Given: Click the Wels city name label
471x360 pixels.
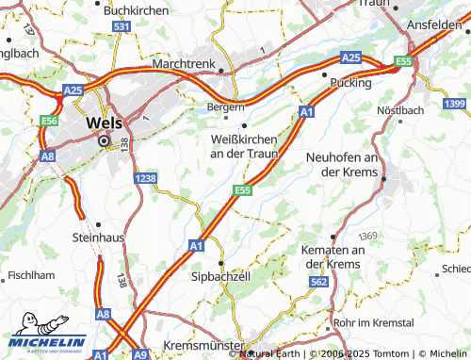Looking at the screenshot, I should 103,123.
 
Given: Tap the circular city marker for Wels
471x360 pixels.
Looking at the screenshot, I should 105,140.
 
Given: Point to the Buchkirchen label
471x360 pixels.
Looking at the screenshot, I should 137,9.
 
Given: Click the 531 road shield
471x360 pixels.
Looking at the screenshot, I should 121,27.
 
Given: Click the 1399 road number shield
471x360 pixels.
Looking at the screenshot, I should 455,103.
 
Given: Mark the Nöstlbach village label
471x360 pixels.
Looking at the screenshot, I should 400,110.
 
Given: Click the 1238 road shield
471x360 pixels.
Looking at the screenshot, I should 145,178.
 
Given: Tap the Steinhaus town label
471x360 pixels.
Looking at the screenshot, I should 98,239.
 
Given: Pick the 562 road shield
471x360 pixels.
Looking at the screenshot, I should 319,282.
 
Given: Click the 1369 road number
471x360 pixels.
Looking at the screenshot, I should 366,235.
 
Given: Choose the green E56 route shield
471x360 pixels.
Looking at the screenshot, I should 51,122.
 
